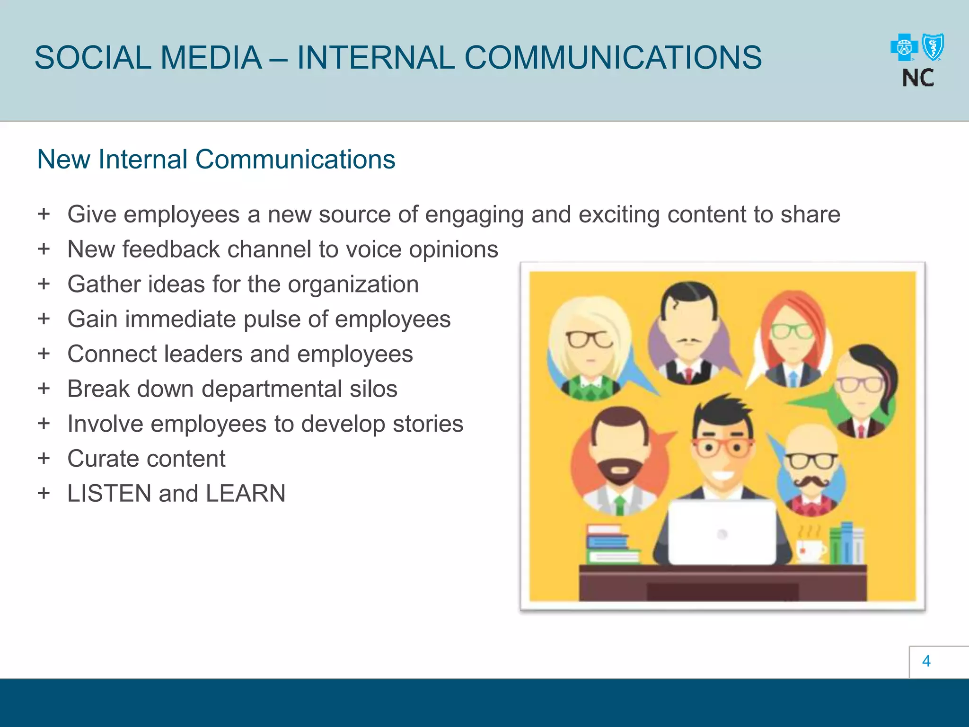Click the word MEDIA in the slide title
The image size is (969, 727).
(x=211, y=58)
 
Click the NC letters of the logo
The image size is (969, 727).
(x=918, y=78)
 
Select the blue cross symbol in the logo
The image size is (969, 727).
(x=904, y=48)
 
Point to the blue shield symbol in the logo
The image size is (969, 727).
(x=934, y=47)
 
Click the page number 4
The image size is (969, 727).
(x=926, y=661)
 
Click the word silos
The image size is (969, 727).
(x=373, y=389)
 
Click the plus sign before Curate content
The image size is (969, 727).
(x=44, y=458)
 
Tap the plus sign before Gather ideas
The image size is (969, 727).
(x=44, y=284)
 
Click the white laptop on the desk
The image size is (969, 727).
(x=722, y=532)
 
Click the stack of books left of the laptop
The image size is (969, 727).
(x=611, y=544)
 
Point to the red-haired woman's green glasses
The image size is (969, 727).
(x=793, y=331)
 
